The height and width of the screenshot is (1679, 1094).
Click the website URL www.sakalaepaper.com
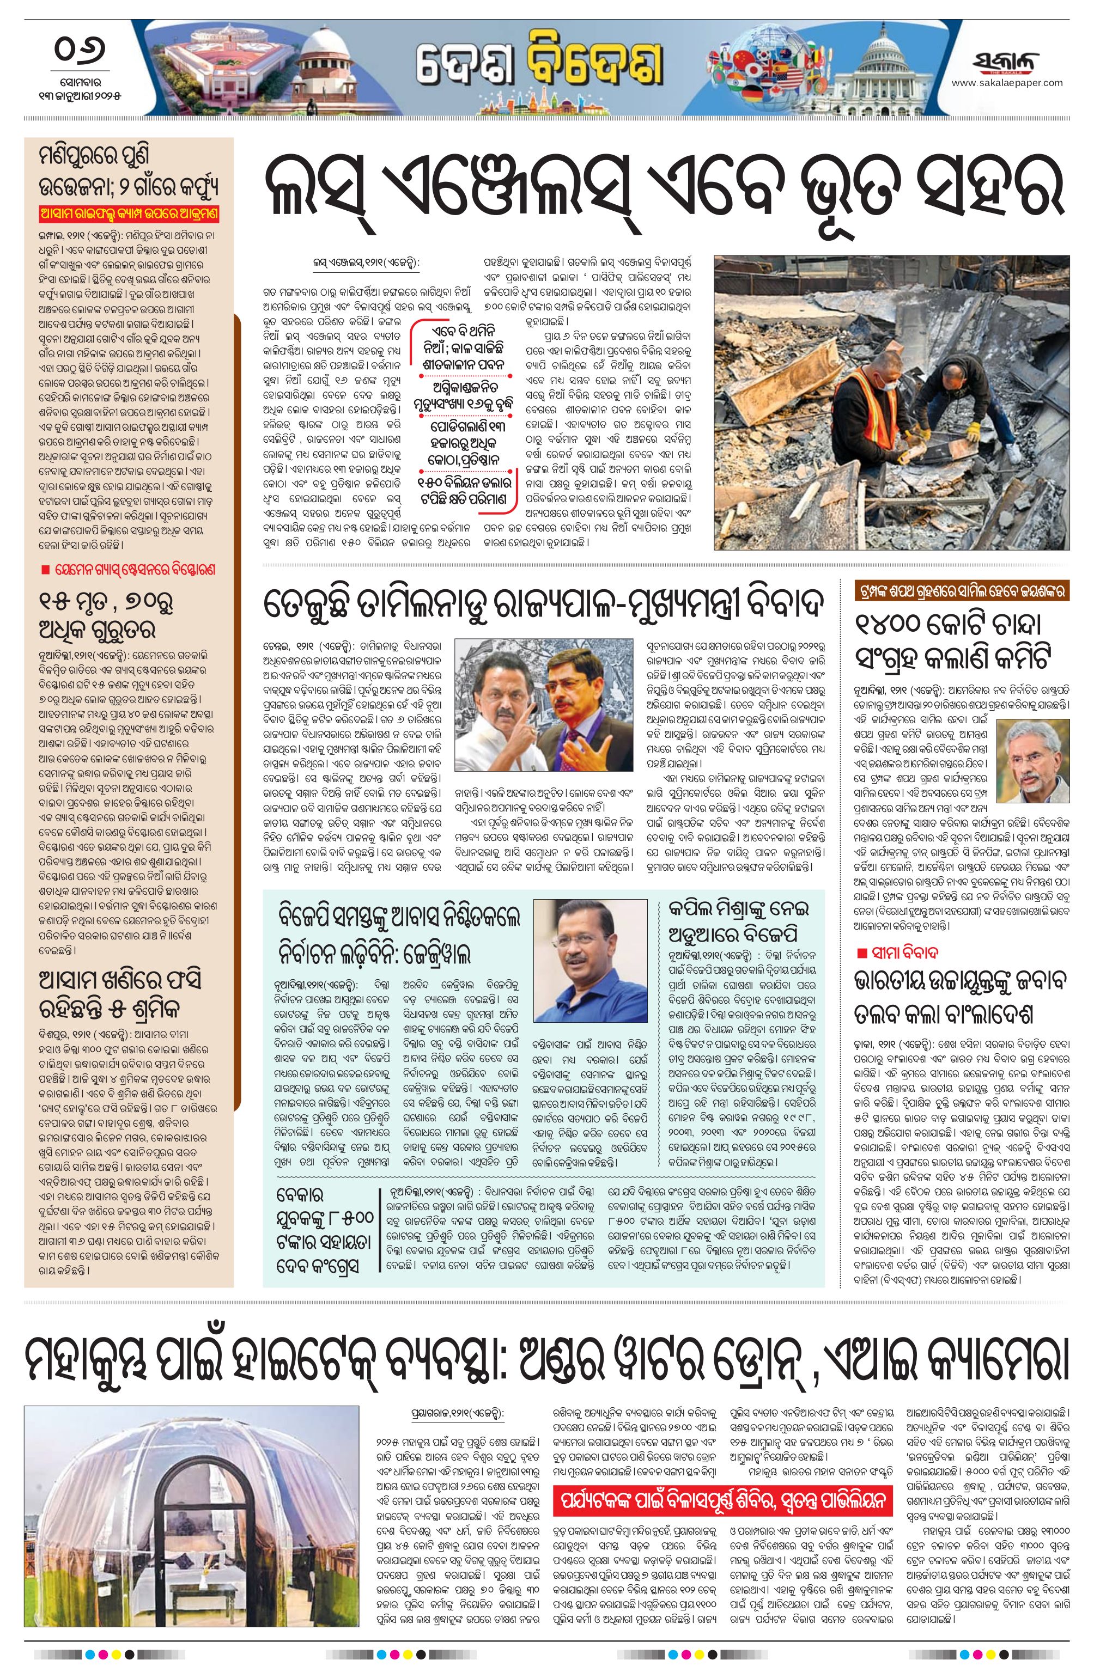pyautogui.click(x=1006, y=83)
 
